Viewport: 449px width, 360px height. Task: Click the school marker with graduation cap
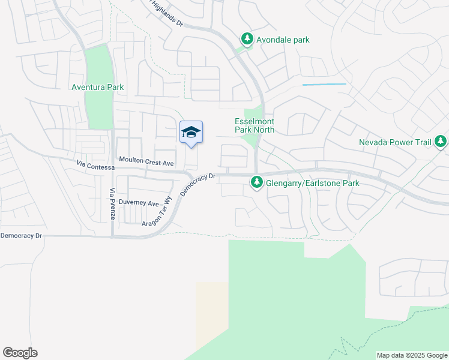[191, 133]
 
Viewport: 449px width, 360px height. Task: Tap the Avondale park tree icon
[247, 39]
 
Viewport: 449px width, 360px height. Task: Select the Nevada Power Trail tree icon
[441, 142]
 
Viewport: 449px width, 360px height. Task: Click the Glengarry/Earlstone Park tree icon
[257, 182]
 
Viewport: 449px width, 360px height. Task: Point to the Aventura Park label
[98, 87]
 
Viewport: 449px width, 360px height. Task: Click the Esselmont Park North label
[254, 125]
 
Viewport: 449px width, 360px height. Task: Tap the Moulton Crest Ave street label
[146, 162]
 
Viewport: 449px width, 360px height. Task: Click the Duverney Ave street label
[139, 202]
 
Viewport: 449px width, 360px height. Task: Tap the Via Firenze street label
[112, 203]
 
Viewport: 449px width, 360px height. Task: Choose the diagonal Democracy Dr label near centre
[197, 185]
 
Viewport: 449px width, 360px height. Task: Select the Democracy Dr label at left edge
[22, 236]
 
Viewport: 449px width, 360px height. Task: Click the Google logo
[20, 353]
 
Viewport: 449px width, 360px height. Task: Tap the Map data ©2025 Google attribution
[412, 355]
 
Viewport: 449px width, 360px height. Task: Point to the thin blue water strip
[324, 85]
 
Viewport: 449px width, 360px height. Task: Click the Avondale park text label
[283, 40]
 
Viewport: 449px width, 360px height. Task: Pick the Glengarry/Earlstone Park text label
[313, 182]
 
